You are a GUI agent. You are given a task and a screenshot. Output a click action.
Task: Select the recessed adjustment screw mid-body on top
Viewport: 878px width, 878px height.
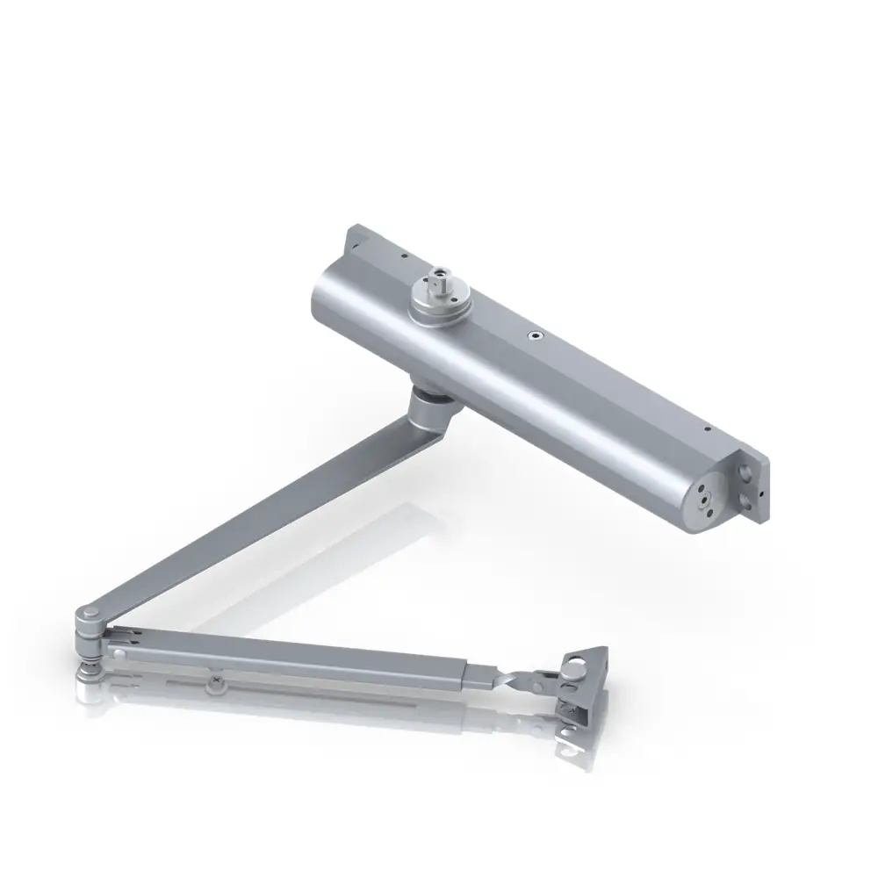(x=533, y=335)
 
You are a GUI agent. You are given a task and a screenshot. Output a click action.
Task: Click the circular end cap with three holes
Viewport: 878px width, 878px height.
(x=704, y=500)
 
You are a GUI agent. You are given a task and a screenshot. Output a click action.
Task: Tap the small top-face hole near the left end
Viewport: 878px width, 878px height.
(x=403, y=256)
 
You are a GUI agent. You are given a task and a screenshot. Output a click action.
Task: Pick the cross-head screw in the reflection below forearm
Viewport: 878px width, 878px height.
(x=215, y=681)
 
